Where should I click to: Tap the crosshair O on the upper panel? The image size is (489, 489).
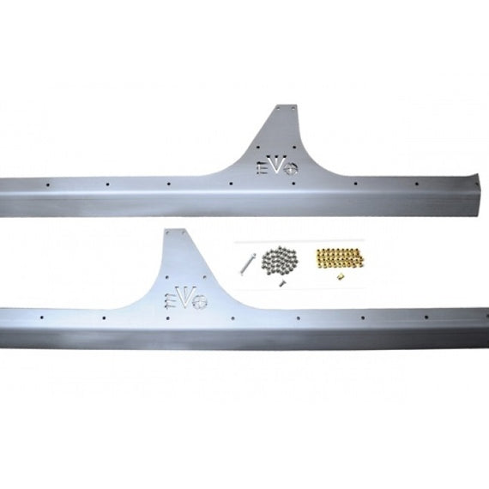[291, 168]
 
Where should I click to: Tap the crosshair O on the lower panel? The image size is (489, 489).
[200, 302]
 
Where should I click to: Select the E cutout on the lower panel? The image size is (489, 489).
[169, 301]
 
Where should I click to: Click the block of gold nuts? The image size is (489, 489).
[341, 259]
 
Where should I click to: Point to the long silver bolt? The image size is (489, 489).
[248, 263]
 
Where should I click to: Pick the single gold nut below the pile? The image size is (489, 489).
[341, 276]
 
